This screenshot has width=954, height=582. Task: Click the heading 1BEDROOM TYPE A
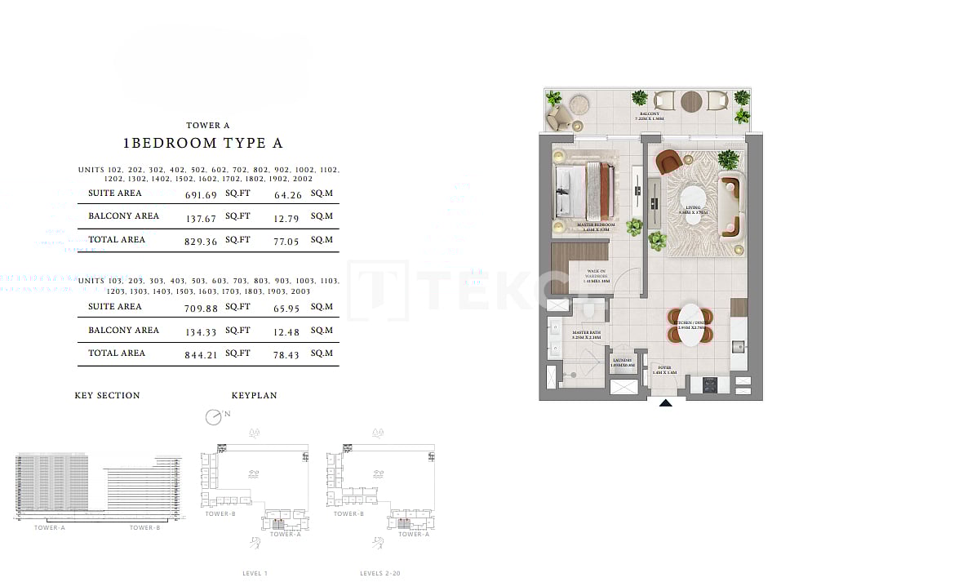202,143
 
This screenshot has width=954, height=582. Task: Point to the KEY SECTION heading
107,396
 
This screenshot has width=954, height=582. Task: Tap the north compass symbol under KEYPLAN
213,417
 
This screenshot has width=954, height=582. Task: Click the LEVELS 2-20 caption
379,574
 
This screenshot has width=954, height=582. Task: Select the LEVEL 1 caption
255,574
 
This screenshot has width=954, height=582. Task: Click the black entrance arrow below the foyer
666,402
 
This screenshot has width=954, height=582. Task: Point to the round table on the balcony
690,100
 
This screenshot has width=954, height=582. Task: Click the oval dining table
690,325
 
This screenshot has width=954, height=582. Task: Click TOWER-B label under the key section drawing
144,528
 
